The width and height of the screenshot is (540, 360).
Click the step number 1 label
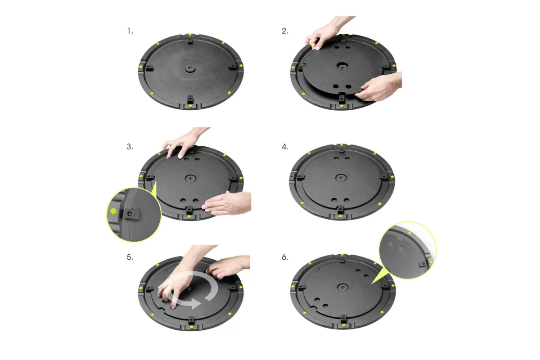[x=130, y=31]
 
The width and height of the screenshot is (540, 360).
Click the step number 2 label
[x=285, y=31]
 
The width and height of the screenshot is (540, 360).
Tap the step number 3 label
[x=130, y=147]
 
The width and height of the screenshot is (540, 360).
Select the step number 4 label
[x=285, y=147]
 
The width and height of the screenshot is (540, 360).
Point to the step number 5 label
[x=130, y=257]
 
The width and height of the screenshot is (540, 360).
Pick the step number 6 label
[x=285, y=257]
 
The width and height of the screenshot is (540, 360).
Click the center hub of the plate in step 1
[x=190, y=68]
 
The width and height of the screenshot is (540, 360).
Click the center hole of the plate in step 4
[x=341, y=178]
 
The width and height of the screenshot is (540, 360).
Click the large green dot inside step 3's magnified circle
[x=113, y=211]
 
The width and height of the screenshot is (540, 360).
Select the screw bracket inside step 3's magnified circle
[x=132, y=214]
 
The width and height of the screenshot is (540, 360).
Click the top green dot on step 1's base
[x=190, y=35]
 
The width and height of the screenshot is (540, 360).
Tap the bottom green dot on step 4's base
[x=340, y=216]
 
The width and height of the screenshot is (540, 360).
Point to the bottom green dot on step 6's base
[x=344, y=325]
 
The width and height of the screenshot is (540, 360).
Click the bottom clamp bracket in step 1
[x=190, y=99]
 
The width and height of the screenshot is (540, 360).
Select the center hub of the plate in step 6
[x=342, y=287]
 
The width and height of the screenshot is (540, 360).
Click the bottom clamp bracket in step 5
[x=191, y=320]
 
